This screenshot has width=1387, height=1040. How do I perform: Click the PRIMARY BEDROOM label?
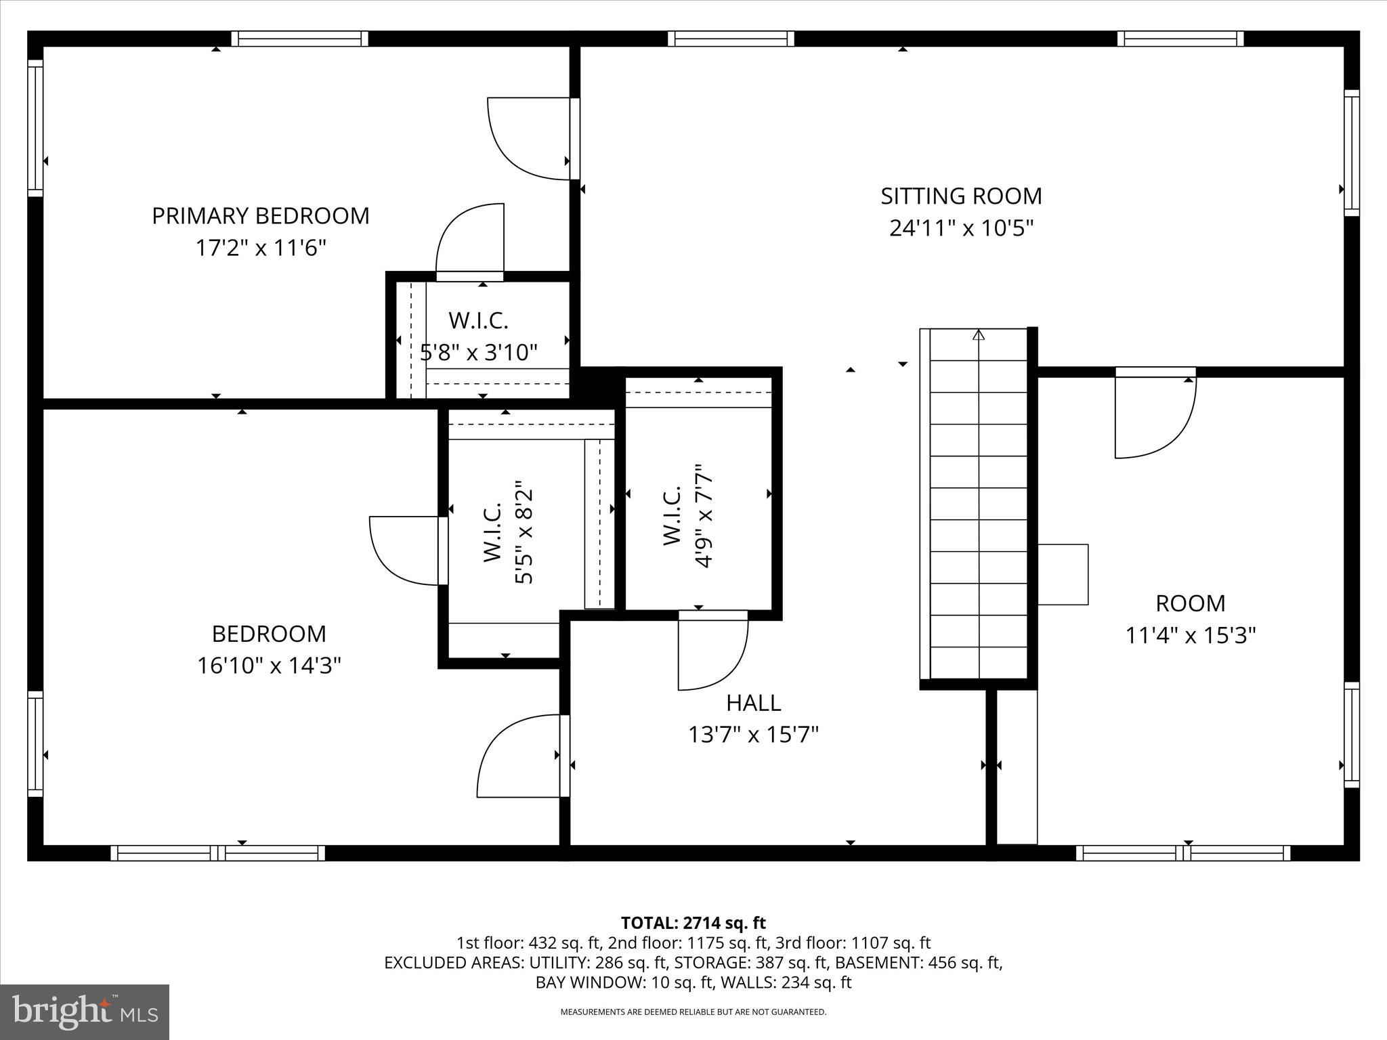coord(261,216)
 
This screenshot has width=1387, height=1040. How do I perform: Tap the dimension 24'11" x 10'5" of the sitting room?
coord(961,228)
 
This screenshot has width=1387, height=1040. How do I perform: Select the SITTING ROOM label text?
coord(961,196)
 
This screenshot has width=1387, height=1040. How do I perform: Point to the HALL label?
coord(753,703)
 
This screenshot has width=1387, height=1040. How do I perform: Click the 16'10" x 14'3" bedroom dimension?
coord(269,666)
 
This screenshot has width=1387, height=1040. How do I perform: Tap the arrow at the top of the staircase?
coord(979,335)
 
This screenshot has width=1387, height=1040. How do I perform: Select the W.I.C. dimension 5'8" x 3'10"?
coord(479,352)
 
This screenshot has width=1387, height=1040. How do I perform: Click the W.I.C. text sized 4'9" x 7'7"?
coord(672,516)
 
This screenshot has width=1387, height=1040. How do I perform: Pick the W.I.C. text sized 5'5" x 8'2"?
coord(492,532)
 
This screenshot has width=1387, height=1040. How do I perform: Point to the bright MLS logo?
coord(85,1012)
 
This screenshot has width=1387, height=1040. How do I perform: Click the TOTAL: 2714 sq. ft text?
coord(693,923)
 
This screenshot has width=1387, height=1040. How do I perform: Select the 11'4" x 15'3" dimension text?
coord(1191,635)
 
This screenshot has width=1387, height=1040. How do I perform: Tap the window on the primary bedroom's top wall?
coord(299,39)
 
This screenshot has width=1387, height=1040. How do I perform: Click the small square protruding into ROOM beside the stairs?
coord(1063,574)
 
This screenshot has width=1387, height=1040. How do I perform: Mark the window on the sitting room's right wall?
coord(1351,153)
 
